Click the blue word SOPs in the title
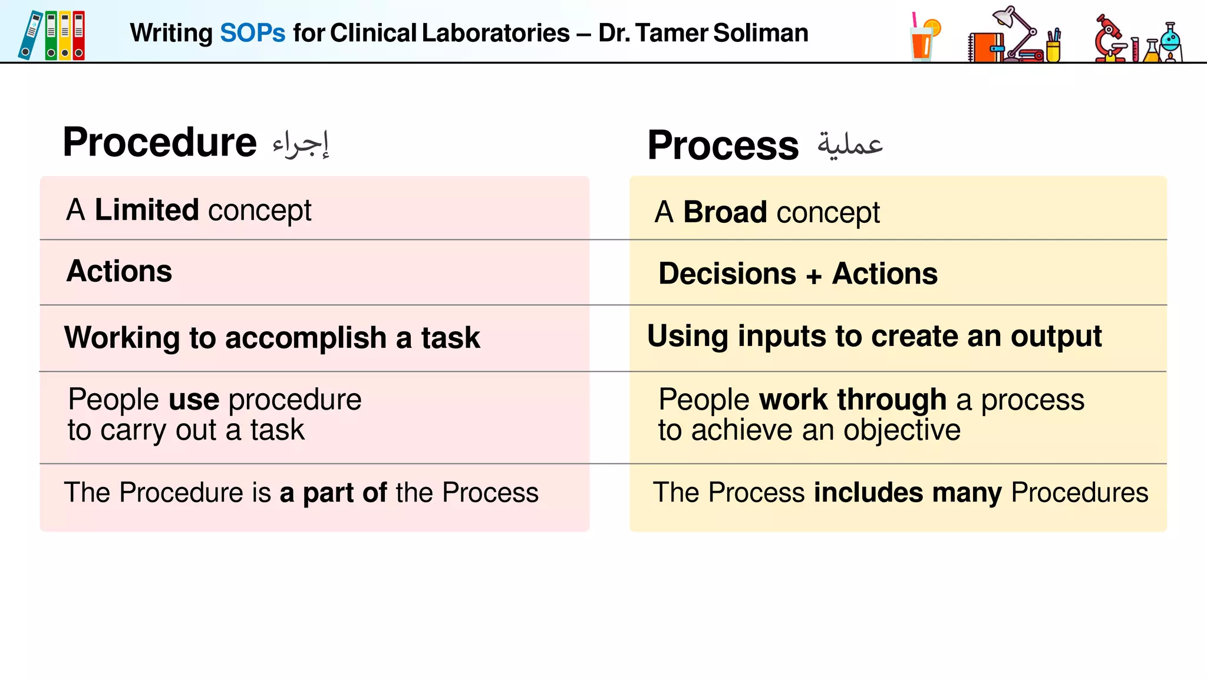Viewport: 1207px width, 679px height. pyautogui.click(x=252, y=33)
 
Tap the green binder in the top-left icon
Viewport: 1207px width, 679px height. pyautogui.click(x=52, y=35)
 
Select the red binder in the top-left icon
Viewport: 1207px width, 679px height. pyautogui.click(x=79, y=35)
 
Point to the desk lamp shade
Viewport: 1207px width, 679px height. pyautogui.click(x=1004, y=17)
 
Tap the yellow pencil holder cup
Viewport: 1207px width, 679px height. pyautogui.click(x=1053, y=51)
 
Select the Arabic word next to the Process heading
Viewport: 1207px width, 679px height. pyautogui.click(x=850, y=145)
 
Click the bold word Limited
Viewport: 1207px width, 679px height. pyautogui.click(x=147, y=210)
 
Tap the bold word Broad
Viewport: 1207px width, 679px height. pyautogui.click(x=725, y=212)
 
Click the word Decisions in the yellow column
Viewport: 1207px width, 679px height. pyautogui.click(x=727, y=274)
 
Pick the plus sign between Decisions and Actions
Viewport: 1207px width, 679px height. pyautogui.click(x=814, y=276)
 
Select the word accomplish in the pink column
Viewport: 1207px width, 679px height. pyautogui.click(x=305, y=338)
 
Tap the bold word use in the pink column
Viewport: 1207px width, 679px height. pyautogui.click(x=194, y=400)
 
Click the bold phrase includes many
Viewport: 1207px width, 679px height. pyautogui.click(x=907, y=493)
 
